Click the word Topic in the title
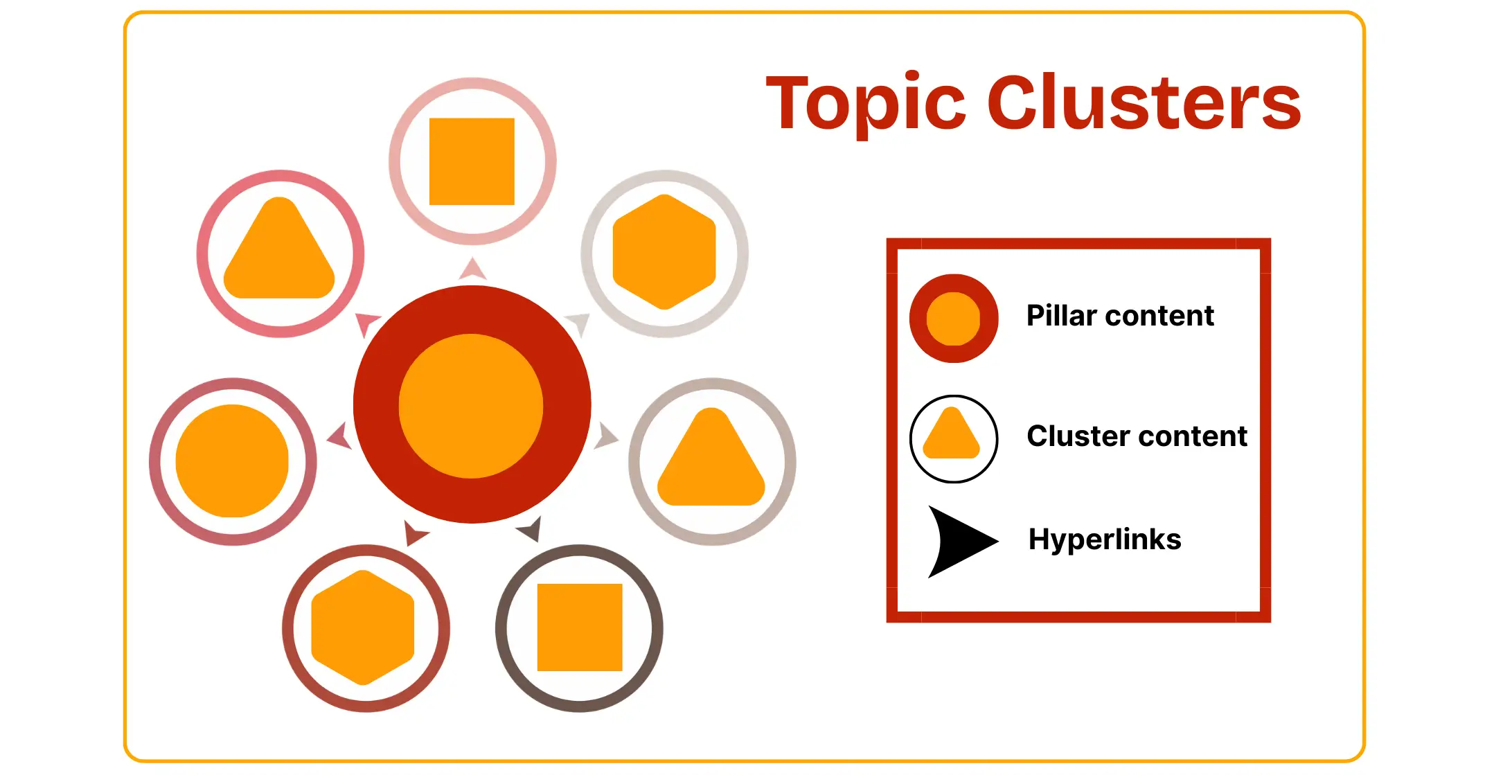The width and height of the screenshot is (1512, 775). click(866, 104)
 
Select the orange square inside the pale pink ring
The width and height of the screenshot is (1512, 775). click(472, 161)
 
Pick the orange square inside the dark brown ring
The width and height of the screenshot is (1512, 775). click(580, 627)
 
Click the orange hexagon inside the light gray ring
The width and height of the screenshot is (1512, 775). click(664, 252)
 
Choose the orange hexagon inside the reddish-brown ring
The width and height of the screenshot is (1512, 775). click(363, 627)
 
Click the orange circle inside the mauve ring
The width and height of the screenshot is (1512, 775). click(232, 461)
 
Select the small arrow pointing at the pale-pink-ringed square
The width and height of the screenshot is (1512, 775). click(472, 269)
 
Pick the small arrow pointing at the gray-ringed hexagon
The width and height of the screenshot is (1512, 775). click(578, 323)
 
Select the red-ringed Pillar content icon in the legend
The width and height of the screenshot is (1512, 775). click(954, 319)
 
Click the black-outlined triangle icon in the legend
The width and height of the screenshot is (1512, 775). click(953, 438)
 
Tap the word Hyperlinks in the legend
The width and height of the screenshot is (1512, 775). click(1105, 540)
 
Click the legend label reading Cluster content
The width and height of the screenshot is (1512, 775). click(1137, 436)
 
